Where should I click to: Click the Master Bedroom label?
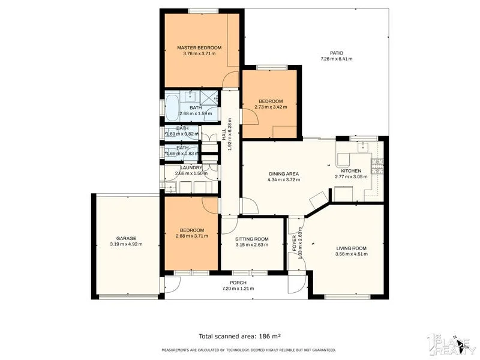(199, 47)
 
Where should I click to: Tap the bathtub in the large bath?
(172, 108)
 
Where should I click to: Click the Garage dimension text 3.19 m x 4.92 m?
(126, 244)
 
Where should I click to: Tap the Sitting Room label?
(251, 238)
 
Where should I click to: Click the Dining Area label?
(283, 174)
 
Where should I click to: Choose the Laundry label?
(191, 167)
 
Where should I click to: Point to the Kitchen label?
(351, 171)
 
